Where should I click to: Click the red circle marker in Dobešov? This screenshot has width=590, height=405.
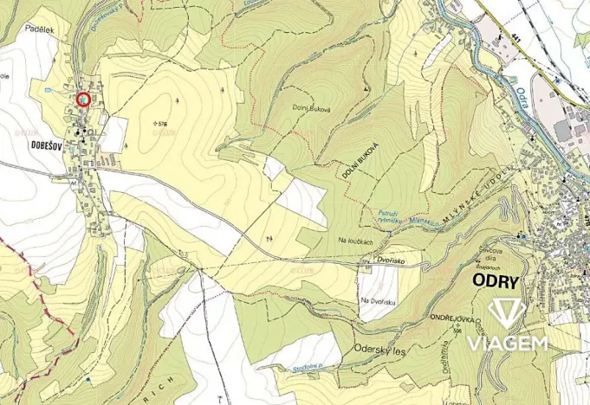83,100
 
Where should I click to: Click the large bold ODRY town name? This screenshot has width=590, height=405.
495,282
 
